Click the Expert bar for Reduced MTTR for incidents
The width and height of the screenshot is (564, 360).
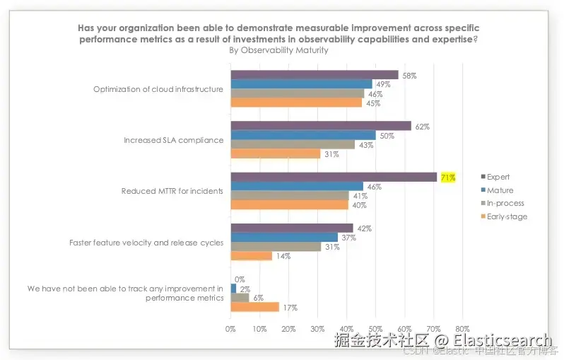(x=334, y=178)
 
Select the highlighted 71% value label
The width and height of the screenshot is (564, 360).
(x=447, y=178)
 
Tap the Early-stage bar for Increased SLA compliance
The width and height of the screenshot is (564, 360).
(x=276, y=153)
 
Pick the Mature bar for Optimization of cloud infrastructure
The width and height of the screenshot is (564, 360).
(x=302, y=84)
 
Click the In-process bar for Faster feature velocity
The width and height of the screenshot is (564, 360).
(x=276, y=247)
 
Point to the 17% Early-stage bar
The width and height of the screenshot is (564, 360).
(x=255, y=307)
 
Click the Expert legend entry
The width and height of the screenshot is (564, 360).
(x=498, y=177)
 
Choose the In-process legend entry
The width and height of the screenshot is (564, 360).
(x=504, y=204)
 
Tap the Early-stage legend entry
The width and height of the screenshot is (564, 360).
(x=506, y=216)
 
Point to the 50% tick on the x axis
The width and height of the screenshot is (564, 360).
(x=375, y=329)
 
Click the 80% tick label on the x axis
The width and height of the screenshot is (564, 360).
(x=462, y=329)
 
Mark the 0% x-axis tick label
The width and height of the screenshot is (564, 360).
(x=230, y=329)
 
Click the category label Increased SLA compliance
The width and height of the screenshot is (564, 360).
(x=174, y=140)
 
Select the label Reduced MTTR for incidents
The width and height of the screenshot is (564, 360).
(x=172, y=191)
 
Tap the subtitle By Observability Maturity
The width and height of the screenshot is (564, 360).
(x=278, y=50)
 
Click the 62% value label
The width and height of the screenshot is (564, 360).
(x=423, y=127)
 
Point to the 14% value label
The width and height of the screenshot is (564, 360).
(x=283, y=256)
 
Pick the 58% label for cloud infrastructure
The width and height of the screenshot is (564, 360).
(x=410, y=75)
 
